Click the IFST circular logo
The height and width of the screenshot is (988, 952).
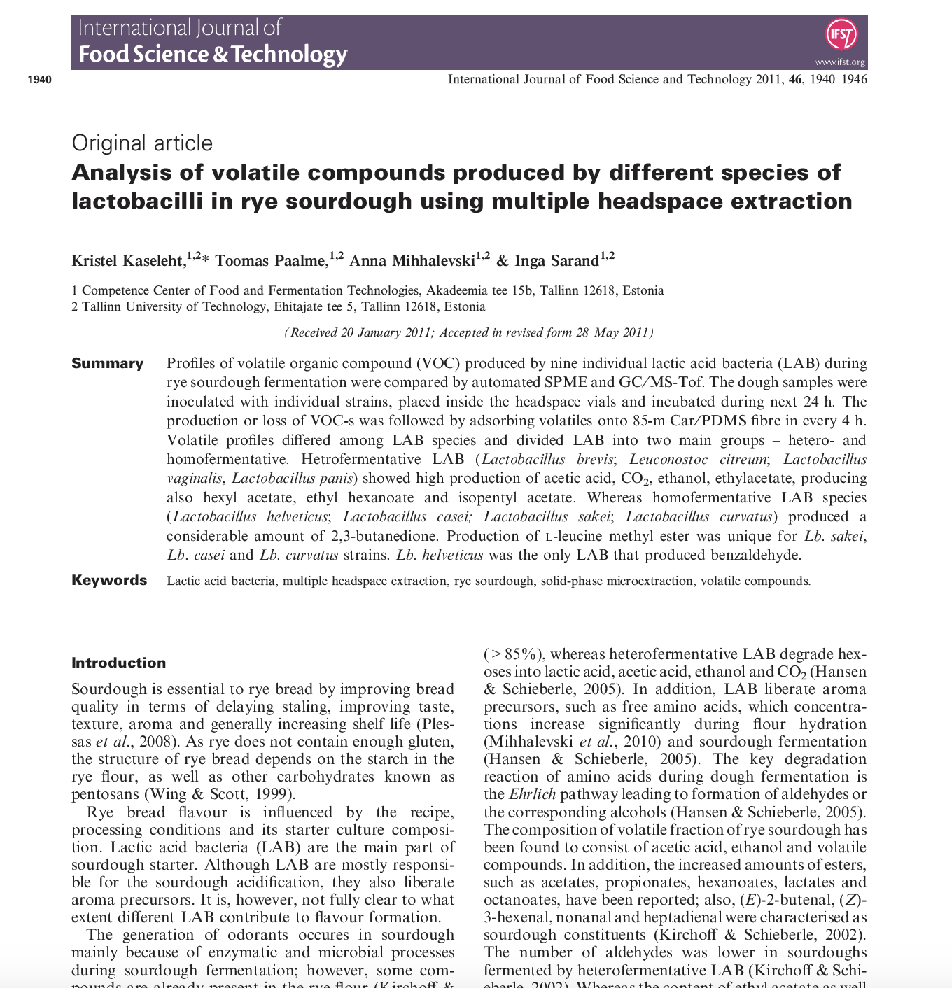841,34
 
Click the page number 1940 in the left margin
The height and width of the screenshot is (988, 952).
40,80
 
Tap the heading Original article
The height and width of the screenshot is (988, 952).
142,143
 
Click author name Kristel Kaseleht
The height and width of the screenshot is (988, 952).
128,261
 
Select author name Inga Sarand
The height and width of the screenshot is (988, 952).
556,261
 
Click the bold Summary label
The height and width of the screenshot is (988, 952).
107,363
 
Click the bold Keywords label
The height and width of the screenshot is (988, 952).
109,580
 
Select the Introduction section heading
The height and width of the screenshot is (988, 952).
119,663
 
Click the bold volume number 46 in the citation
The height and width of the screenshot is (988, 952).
795,79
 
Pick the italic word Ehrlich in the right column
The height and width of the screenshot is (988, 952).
532,794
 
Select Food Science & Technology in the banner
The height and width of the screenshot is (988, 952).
213,55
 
